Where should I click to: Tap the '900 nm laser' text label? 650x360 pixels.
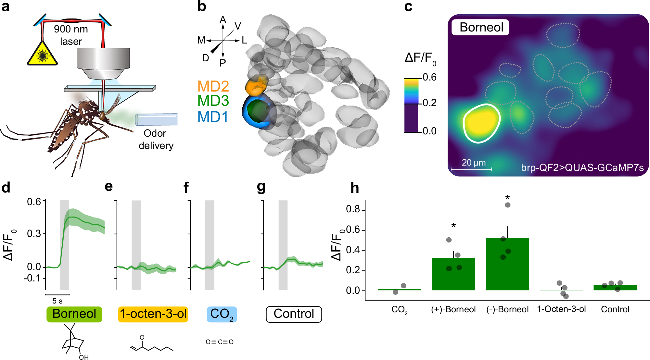71,35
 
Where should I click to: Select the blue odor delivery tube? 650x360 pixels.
157,119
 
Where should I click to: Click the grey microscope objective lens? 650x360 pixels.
103,63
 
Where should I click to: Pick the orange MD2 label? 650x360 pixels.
213,86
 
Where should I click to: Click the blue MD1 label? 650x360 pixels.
213,117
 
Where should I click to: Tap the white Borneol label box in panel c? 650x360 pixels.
480,27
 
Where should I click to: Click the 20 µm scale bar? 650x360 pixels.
471,169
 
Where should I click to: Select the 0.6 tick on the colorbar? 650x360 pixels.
429,77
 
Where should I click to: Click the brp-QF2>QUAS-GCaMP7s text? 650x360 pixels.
582,168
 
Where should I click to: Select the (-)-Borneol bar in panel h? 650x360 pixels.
507,264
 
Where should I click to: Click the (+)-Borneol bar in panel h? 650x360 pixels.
453,274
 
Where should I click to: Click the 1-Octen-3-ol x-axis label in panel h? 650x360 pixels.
561,309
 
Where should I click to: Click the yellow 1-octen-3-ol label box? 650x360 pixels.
153,314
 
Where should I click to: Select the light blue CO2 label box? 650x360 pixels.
222,314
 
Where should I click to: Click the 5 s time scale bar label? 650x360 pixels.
57,301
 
